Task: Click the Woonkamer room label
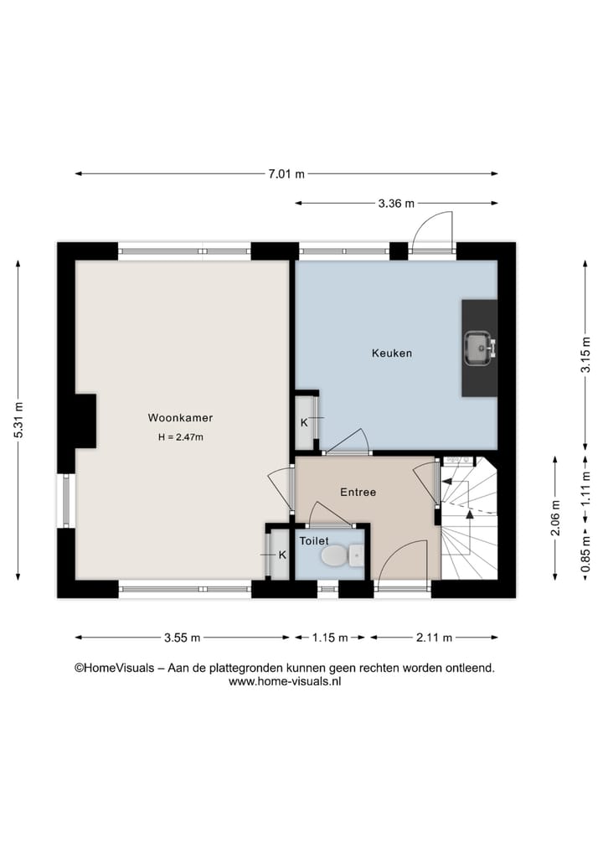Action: (180, 417)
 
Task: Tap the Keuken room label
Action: (392, 354)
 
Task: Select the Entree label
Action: (358, 492)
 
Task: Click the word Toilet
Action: (315, 541)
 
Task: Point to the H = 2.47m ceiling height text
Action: (181, 436)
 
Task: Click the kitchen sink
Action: (479, 348)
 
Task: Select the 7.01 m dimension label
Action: (286, 174)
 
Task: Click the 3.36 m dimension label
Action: (396, 204)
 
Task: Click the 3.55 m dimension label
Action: (183, 638)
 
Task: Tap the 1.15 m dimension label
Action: (329, 638)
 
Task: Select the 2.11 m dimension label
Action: (434, 638)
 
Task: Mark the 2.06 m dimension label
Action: (556, 517)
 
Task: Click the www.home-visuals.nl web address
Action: (285, 682)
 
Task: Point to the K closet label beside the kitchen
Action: (304, 422)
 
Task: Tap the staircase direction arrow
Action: (446, 483)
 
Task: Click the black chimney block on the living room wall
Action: (85, 421)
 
